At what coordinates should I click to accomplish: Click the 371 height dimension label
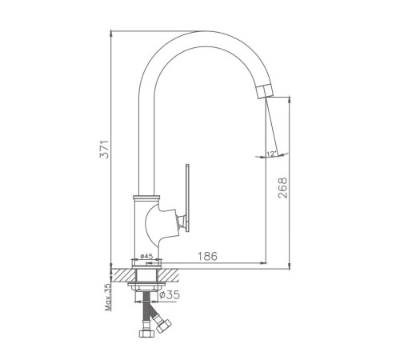(x=104, y=149)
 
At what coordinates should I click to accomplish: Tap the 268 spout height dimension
(x=282, y=188)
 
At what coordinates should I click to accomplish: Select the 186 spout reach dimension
(x=207, y=256)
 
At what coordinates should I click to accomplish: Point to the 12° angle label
(x=272, y=154)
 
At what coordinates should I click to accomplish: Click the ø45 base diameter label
(x=146, y=256)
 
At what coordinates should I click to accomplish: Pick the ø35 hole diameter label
(x=170, y=294)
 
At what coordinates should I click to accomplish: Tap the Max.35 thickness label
(x=108, y=297)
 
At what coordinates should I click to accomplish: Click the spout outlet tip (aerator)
(x=265, y=91)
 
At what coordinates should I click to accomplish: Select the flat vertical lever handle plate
(x=188, y=198)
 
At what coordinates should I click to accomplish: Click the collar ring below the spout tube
(x=146, y=198)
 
